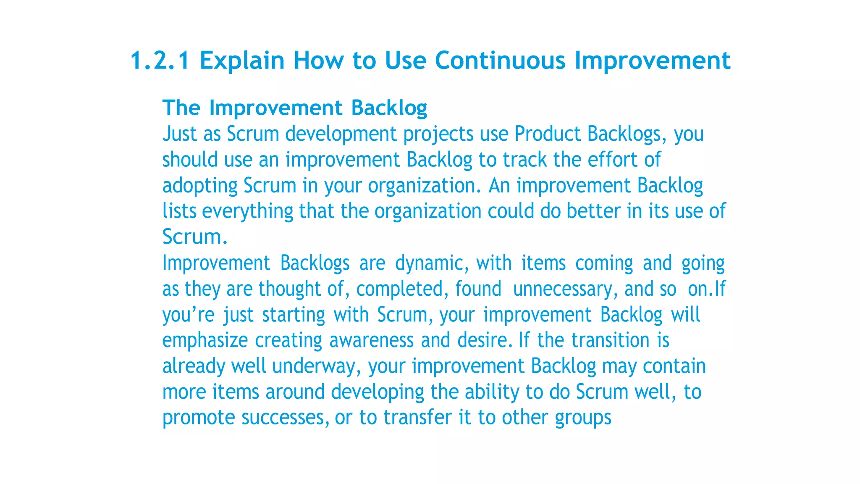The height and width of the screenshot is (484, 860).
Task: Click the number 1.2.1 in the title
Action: (160, 60)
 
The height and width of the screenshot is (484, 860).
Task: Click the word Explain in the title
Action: (242, 60)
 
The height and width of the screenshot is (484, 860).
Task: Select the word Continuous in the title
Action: (500, 60)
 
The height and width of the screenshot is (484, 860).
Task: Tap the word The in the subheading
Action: (181, 108)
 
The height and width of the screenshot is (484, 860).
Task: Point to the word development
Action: (341, 134)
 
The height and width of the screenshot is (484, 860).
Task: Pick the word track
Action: (524, 160)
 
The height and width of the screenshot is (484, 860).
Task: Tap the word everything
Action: (247, 211)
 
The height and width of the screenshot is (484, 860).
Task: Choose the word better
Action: (593, 211)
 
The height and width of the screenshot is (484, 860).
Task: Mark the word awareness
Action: (371, 341)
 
